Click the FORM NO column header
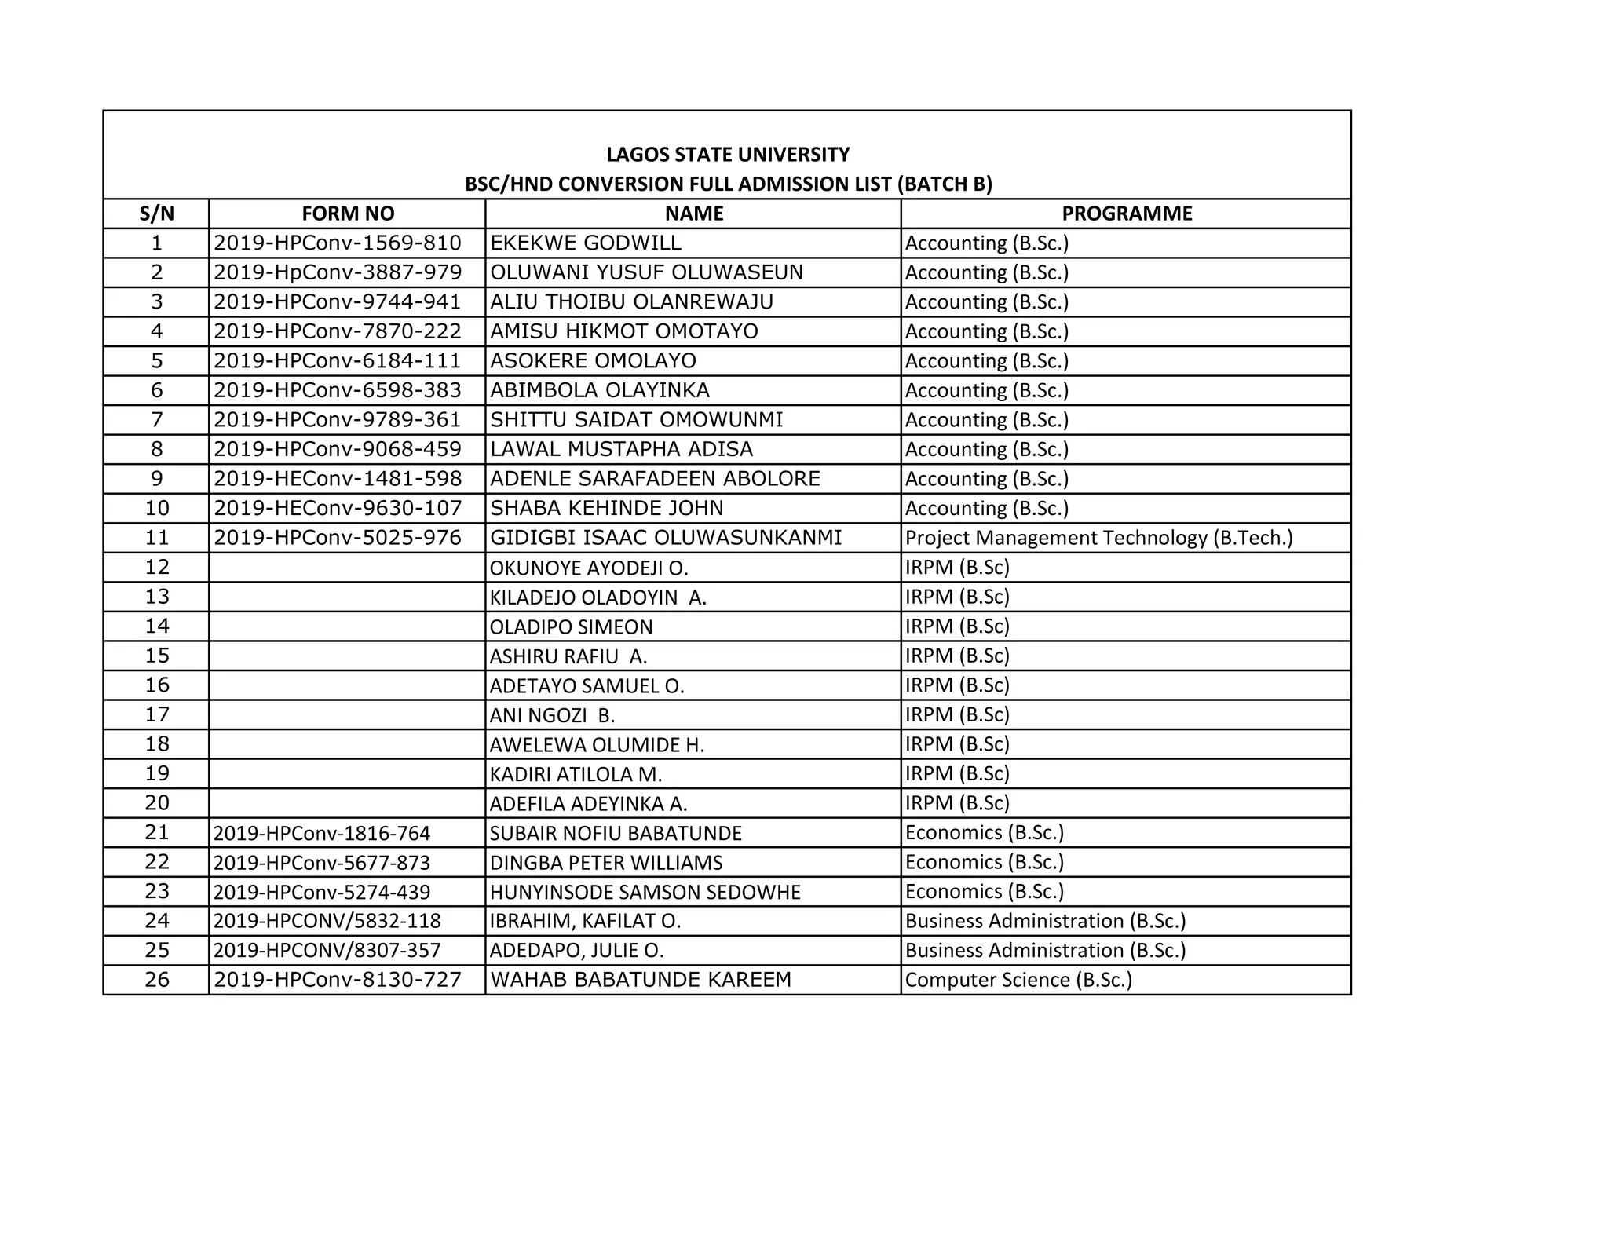click(x=348, y=214)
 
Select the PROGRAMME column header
click(x=1127, y=214)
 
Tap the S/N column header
click(x=156, y=214)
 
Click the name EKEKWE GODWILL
click(x=586, y=243)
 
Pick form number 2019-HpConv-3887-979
click(x=338, y=272)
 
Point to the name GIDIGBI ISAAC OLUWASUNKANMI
click(x=666, y=538)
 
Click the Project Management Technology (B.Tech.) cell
click(x=1098, y=538)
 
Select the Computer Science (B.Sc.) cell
click(x=1018, y=980)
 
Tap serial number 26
click(x=157, y=980)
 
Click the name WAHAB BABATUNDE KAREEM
click(x=641, y=980)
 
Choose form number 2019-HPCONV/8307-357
click(x=327, y=951)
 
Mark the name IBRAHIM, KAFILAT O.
click(x=585, y=921)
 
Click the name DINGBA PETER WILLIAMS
click(x=606, y=863)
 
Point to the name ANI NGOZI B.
click(x=552, y=715)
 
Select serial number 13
click(x=157, y=597)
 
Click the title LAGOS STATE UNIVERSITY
click(x=728, y=154)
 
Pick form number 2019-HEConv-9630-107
click(x=338, y=508)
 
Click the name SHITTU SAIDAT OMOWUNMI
click(x=637, y=420)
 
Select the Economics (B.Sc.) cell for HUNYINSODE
click(x=985, y=892)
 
